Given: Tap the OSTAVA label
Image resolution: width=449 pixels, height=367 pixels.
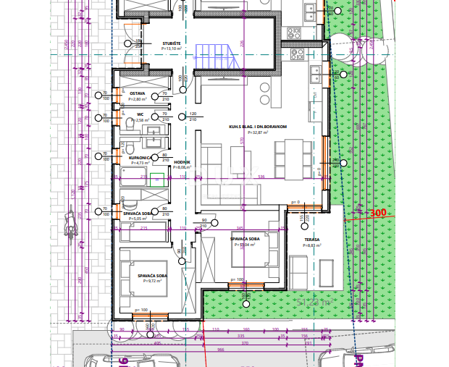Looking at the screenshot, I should coord(137,94).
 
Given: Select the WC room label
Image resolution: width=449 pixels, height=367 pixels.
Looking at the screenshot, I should coord(140,114).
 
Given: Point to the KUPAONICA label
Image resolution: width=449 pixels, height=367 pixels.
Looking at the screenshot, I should coord(140,156).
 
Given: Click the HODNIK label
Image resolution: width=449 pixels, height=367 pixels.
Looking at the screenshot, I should coord(181,162).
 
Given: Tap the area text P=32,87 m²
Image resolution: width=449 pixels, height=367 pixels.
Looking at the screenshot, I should coord(258,132).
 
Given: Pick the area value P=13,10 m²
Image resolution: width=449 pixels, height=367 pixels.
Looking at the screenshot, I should coord(171,48).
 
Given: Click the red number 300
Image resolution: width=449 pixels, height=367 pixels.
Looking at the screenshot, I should coord(378,214).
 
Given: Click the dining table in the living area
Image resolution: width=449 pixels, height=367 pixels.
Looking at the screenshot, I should coord(293,159).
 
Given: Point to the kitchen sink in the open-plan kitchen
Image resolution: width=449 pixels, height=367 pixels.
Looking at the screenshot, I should coord(315,72).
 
